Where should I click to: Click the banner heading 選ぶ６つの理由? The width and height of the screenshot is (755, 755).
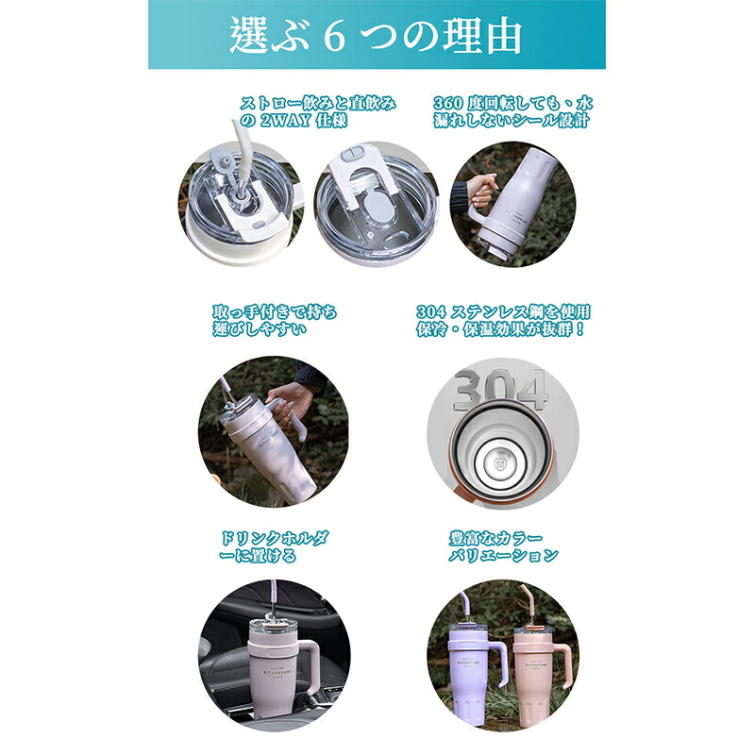coord(376,35)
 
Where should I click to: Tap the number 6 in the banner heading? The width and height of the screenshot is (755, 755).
coord(334,37)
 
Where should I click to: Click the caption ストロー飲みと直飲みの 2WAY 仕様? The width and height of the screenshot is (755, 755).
coord(317,111)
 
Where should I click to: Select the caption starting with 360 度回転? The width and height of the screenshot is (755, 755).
coord(512,111)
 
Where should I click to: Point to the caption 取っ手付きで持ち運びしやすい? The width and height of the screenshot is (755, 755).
coord(275,320)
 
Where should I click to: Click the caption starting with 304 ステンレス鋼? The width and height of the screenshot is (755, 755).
coord(503,320)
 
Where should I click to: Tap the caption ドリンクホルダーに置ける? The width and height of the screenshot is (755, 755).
coord(274,547)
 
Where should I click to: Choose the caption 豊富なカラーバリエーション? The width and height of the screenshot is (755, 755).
coord(503,547)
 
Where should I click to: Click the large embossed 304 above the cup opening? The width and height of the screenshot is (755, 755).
coord(501,389)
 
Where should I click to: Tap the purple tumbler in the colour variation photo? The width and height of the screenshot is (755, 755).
coord(468,674)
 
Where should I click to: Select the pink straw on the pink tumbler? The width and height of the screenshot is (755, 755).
coord(528,604)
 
